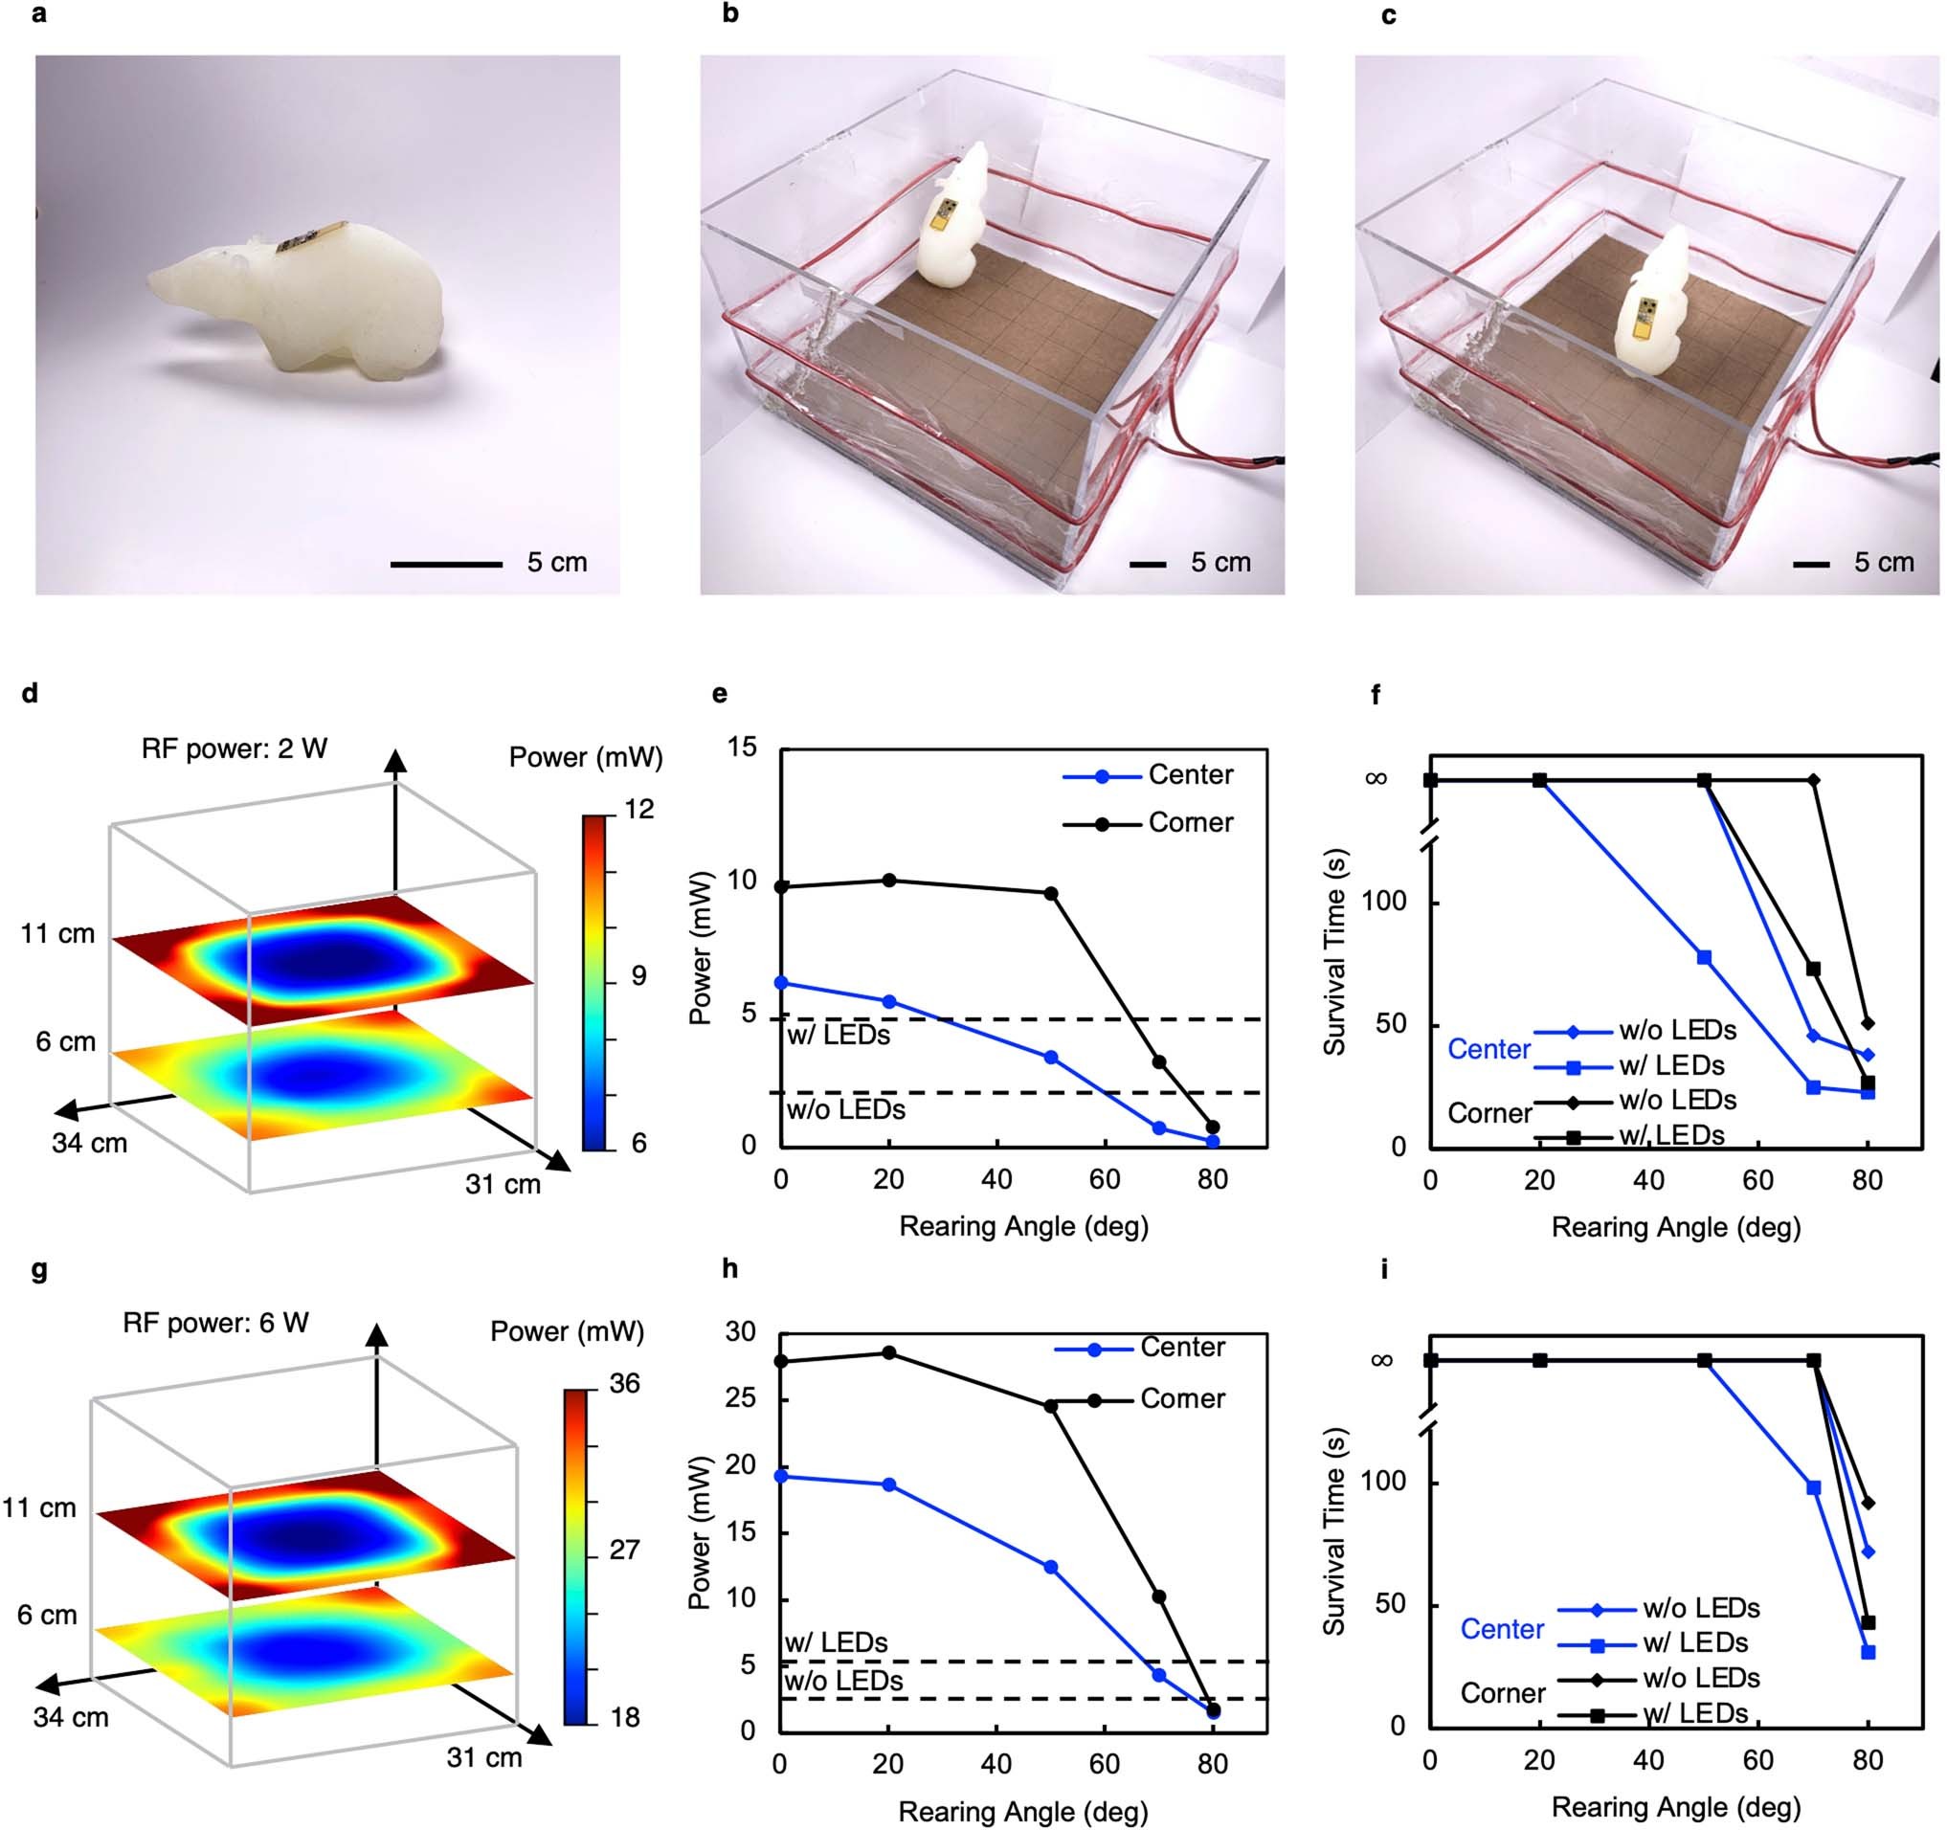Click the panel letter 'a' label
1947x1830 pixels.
tap(39, 15)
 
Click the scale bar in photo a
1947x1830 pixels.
tap(446, 564)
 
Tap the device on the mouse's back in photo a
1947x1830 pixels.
tap(305, 238)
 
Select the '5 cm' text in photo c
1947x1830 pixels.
tap(1883, 562)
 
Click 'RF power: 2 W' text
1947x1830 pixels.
tap(235, 749)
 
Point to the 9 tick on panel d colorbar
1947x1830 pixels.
tap(638, 976)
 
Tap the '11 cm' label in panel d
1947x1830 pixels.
tap(57, 933)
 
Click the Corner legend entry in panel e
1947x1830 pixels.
tap(1190, 822)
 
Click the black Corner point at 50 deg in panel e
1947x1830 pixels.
tap(1051, 893)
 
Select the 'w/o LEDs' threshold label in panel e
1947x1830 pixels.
tap(845, 1109)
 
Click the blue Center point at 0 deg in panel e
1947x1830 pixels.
tap(781, 982)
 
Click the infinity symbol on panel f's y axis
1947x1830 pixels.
tap(1376, 778)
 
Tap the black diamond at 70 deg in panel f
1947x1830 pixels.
tap(1814, 780)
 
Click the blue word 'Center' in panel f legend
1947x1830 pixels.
tap(1488, 1049)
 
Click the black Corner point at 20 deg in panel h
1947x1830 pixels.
tap(889, 1352)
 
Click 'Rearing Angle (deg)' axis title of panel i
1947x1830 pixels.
tap(1676, 1805)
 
